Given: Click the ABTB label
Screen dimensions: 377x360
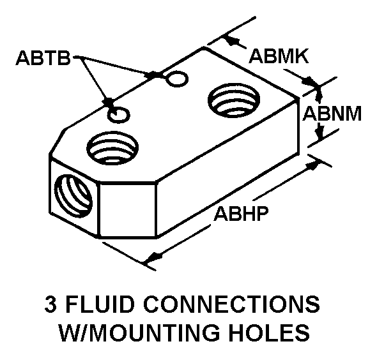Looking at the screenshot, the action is pyautogui.click(x=43, y=58).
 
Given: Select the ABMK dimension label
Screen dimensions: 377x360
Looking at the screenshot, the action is pyautogui.click(x=279, y=56).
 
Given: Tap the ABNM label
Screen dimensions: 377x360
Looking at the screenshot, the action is pyautogui.click(x=332, y=114).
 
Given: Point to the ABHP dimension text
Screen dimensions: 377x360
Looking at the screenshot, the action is pyautogui.click(x=241, y=213).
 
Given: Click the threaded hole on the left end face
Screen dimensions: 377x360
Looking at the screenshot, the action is pyautogui.click(x=73, y=197).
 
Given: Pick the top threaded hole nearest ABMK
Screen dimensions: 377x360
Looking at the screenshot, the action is pyautogui.click(x=234, y=100).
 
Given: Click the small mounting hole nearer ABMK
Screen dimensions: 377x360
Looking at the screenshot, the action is pyautogui.click(x=178, y=79).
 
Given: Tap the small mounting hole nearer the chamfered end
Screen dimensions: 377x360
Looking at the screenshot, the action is pyautogui.click(x=119, y=115).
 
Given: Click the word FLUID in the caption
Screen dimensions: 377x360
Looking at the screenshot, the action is pyautogui.click(x=100, y=304).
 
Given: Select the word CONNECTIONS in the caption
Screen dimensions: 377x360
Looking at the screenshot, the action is pyautogui.click(x=231, y=304).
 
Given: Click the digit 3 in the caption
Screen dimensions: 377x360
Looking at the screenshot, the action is pyautogui.click(x=50, y=304).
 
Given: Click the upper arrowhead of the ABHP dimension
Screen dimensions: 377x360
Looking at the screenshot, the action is pyautogui.click(x=313, y=165).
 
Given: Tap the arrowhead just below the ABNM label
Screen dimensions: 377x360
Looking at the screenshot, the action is pyautogui.click(x=320, y=132).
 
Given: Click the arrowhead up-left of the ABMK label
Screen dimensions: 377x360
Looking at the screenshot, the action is pyautogui.click(x=232, y=40).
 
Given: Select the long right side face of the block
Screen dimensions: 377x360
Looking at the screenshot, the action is pyautogui.click(x=228, y=168).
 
